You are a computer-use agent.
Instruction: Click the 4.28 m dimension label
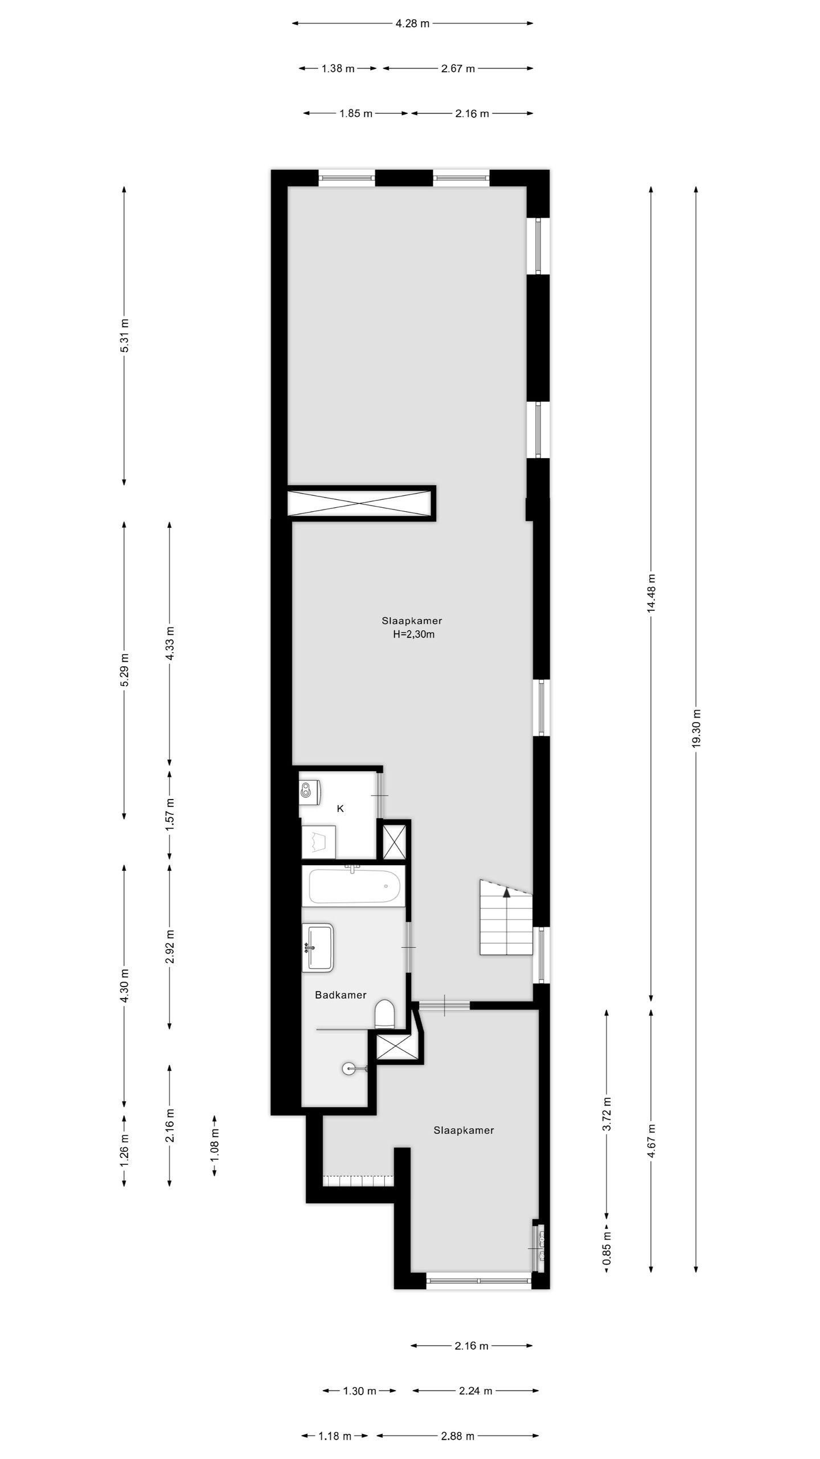pos(412,23)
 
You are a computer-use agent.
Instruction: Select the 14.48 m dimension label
pos(651,593)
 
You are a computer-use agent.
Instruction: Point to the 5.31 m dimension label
pos(124,335)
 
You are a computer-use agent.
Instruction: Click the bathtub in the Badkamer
pos(354,886)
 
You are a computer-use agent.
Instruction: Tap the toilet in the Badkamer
pos(385,1013)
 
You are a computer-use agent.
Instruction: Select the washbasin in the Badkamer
pos(318,947)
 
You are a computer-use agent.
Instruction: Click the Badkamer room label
pos(341,995)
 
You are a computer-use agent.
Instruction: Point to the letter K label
pos(341,809)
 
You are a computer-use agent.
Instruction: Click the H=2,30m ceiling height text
pos(413,634)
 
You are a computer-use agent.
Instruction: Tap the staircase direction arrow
pos(506,892)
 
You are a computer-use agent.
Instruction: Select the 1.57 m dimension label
pos(169,814)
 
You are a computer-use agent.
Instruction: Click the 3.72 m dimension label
pos(607,1114)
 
